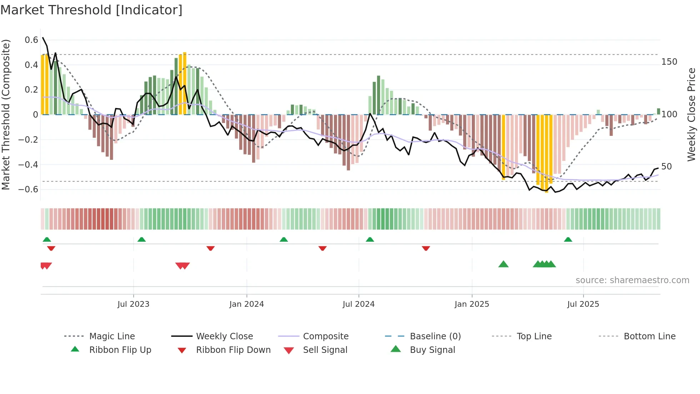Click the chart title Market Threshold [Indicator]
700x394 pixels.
coord(91,10)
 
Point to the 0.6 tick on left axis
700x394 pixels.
coord(31,40)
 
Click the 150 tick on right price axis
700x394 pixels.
coord(669,62)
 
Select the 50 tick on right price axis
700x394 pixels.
coord(666,167)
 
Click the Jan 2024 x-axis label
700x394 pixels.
coord(246,304)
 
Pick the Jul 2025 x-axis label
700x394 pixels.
coord(583,304)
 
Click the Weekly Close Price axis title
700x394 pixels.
coord(691,114)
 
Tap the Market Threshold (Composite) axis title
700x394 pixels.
coord(6,114)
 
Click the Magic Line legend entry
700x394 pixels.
coord(112,336)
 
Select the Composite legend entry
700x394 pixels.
coord(325,336)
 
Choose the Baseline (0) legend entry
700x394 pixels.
coord(435,336)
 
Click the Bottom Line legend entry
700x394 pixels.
coord(649,336)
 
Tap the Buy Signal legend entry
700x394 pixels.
coord(432,350)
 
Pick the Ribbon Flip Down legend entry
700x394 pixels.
coord(233,350)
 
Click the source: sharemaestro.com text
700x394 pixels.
coord(632,280)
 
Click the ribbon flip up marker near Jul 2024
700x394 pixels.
coord(370,240)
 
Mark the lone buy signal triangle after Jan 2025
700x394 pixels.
coord(503,264)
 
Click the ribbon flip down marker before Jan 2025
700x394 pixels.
coord(426,248)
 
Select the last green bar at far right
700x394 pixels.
coord(658,111)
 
